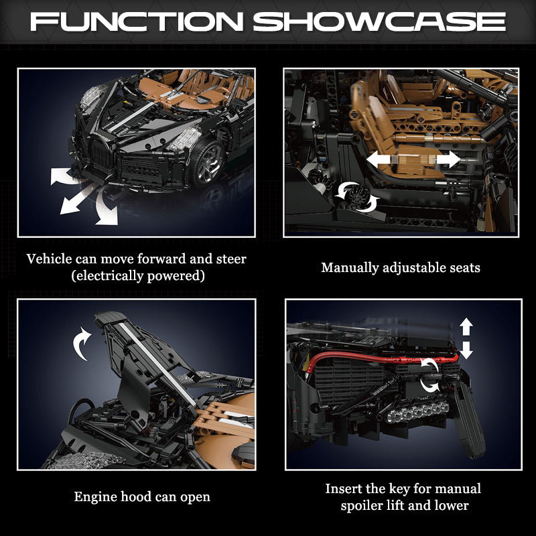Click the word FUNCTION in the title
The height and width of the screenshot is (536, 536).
click(137, 22)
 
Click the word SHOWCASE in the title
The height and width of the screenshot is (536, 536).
click(379, 22)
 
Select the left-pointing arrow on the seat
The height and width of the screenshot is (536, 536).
click(379, 159)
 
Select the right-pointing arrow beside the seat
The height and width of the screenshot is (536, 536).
click(448, 159)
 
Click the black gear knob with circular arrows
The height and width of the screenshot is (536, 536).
click(358, 196)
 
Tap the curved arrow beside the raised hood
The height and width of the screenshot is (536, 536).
click(81, 344)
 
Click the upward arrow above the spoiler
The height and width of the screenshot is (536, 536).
click(466, 327)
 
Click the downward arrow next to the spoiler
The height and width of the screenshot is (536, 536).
click(466, 350)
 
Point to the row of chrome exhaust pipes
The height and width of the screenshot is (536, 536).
click(417, 411)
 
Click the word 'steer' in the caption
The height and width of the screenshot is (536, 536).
click(231, 259)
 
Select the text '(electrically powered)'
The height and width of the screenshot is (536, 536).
click(138, 275)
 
